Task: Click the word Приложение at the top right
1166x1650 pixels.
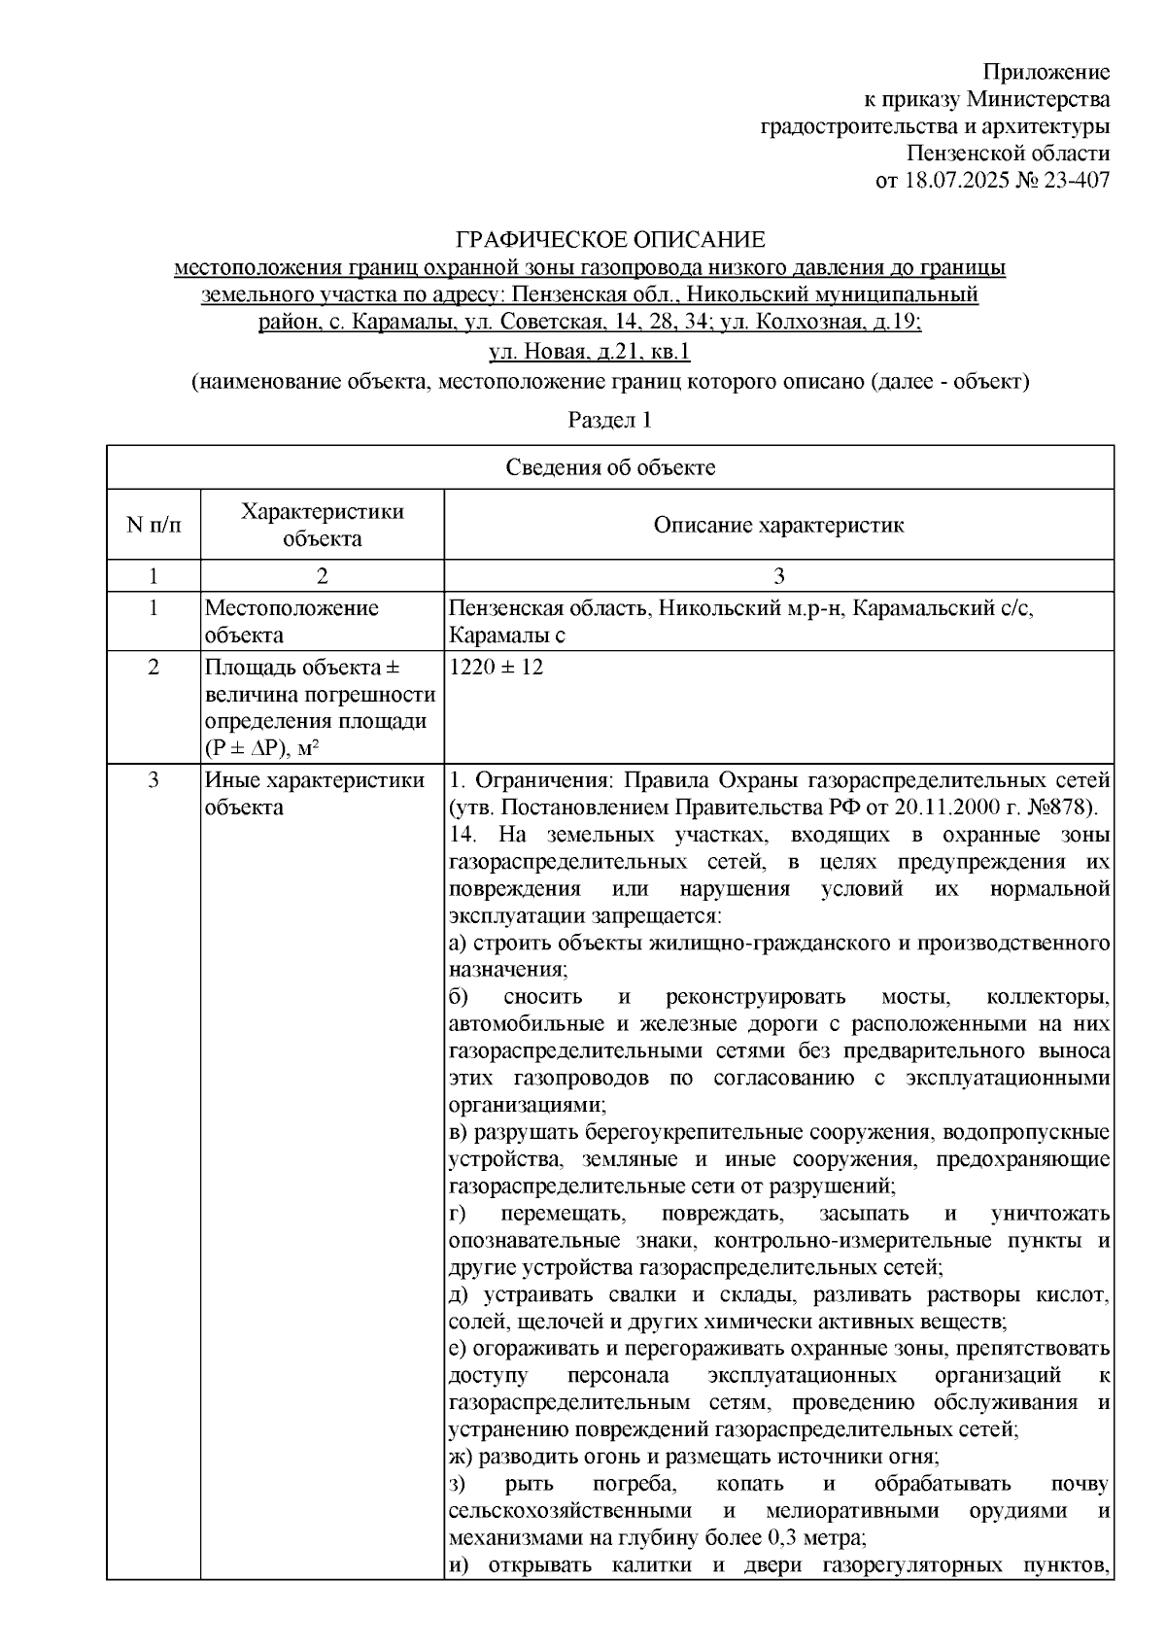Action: (1046, 73)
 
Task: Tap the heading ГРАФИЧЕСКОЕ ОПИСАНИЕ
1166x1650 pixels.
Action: (611, 240)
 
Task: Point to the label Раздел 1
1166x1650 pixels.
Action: (609, 420)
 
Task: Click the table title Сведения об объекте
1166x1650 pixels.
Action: (610, 468)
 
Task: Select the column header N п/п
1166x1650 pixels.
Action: (154, 526)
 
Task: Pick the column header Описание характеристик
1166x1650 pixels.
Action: (778, 526)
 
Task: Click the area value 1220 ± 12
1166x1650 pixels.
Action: (497, 669)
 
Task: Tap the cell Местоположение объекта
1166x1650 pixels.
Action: (291, 622)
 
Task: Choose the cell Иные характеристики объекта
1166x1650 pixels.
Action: (315, 794)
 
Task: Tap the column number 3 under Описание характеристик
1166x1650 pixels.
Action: (778, 576)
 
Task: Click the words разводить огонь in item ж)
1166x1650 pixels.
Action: (535, 1457)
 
